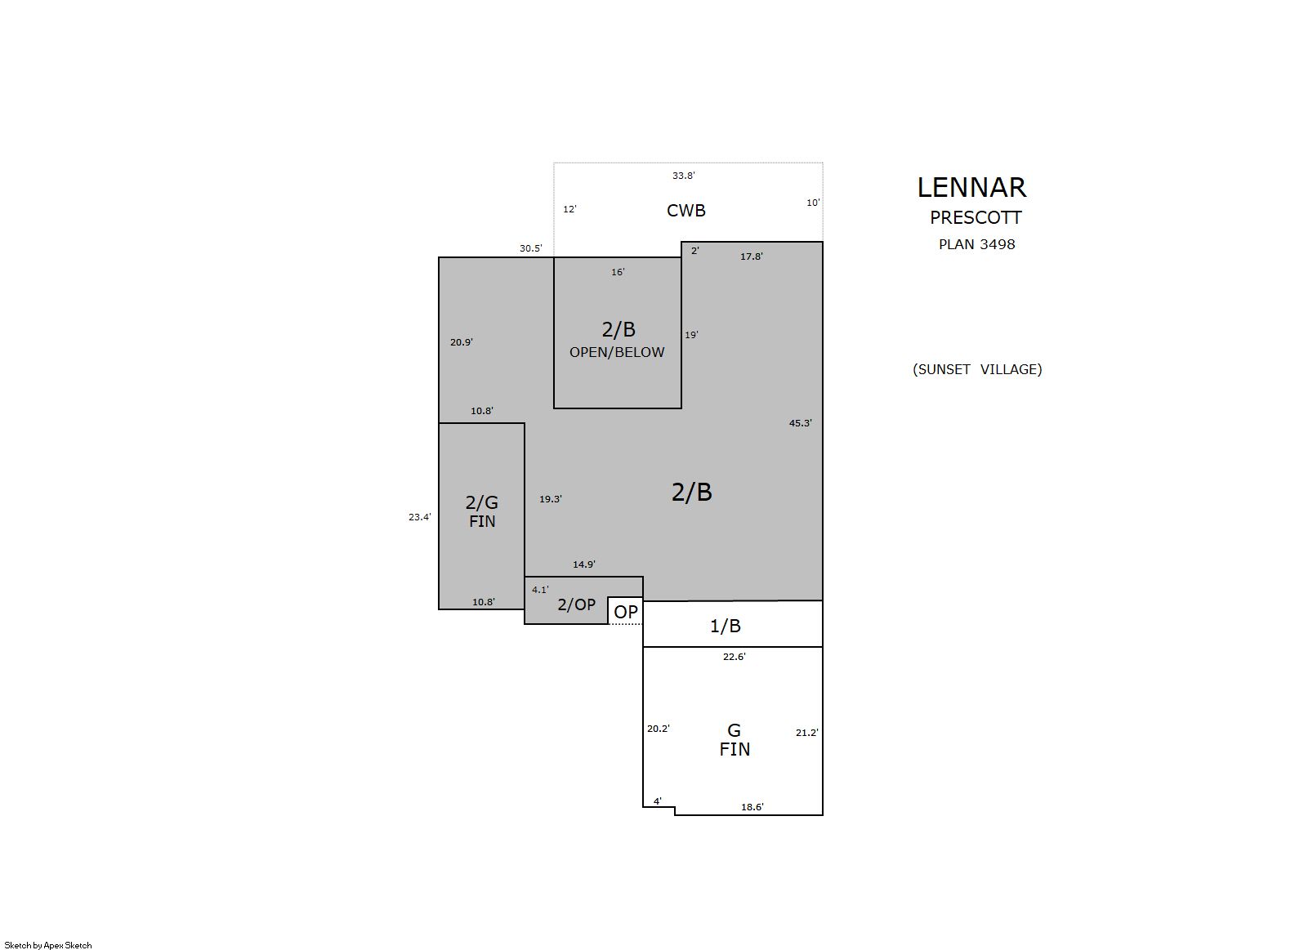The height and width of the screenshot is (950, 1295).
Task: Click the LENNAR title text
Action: (x=971, y=188)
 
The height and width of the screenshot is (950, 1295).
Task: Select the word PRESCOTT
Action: (x=976, y=218)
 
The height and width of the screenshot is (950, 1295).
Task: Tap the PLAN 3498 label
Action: (x=977, y=244)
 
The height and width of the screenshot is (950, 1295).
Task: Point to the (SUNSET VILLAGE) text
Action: (x=977, y=370)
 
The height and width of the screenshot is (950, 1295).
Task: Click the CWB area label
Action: (x=686, y=211)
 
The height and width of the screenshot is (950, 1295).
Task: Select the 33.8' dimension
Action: (x=683, y=176)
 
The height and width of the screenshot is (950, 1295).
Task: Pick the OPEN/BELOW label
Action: (x=617, y=353)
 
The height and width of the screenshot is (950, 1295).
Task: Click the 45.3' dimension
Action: (x=800, y=424)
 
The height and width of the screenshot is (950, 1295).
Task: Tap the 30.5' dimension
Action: (x=531, y=248)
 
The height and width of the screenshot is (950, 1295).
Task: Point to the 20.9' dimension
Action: (x=462, y=343)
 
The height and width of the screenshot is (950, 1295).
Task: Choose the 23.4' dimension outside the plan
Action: (x=420, y=517)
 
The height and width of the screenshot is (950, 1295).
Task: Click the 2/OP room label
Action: (x=576, y=605)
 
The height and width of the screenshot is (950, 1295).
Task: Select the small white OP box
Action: (x=625, y=611)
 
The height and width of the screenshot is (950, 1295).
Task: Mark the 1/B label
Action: (x=726, y=627)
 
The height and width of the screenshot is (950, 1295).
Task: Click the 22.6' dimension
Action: (x=735, y=657)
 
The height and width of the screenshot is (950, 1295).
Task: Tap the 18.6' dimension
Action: (x=752, y=807)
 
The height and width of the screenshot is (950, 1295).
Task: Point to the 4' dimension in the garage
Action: (x=658, y=801)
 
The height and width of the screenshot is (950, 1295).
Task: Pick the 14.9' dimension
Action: (x=584, y=564)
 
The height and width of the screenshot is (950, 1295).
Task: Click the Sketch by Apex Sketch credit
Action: (x=48, y=945)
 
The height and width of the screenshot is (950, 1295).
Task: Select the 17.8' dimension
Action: (x=752, y=256)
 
